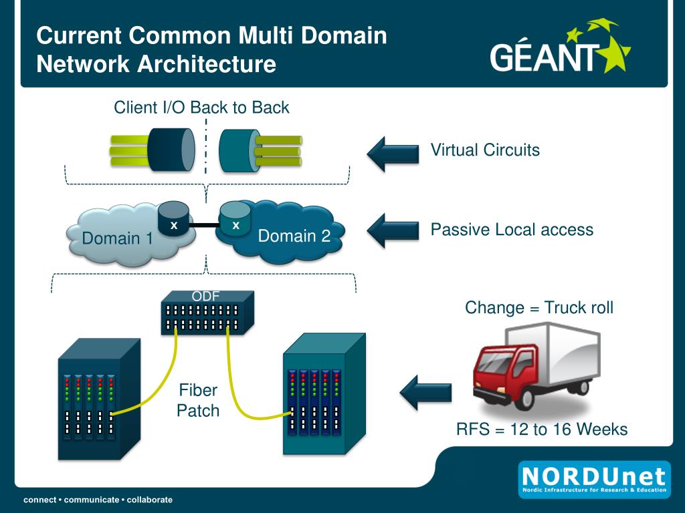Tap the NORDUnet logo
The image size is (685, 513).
pyautogui.click(x=594, y=480)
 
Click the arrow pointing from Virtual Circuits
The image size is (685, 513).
pyautogui.click(x=393, y=154)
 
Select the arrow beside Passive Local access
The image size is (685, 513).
pyautogui.click(x=393, y=230)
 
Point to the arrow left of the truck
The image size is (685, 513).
pyautogui.click(x=425, y=392)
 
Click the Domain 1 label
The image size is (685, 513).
pyautogui.click(x=117, y=238)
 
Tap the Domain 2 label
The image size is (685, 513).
pyautogui.click(x=294, y=236)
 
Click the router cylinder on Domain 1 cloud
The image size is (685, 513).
pyautogui.click(x=174, y=218)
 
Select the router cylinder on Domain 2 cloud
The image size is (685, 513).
pyautogui.click(x=235, y=218)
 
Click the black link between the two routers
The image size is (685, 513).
pyautogui.click(x=205, y=225)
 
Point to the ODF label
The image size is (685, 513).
pyautogui.click(x=205, y=296)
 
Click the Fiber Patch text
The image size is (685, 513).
pyautogui.click(x=198, y=400)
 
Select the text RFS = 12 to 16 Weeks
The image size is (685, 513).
pyautogui.click(x=542, y=430)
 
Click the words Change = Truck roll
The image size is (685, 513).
pyautogui.click(x=539, y=307)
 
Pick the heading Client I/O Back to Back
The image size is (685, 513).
pyautogui.click(x=201, y=108)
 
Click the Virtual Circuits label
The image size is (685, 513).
pyautogui.click(x=485, y=150)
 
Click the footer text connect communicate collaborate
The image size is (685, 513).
pyautogui.click(x=98, y=500)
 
